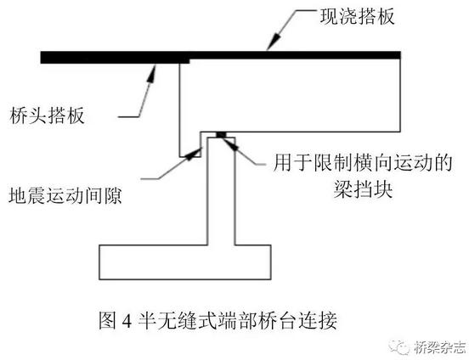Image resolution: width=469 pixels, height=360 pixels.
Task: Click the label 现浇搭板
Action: point(358,16)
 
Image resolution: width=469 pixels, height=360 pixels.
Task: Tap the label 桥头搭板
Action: point(47,115)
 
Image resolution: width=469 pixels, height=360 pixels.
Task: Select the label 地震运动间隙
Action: point(65,195)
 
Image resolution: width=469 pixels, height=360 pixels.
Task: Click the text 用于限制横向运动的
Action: point(363,163)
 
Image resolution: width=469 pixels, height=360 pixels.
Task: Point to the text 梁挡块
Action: point(363,189)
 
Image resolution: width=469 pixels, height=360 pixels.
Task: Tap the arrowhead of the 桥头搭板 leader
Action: point(151,74)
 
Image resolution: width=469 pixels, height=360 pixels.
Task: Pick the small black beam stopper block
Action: point(222,134)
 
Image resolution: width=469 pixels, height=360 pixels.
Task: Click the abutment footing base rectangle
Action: point(185,262)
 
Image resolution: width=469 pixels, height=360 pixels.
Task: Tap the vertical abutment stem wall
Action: point(222,191)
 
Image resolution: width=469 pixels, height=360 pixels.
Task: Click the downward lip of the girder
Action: point(190,144)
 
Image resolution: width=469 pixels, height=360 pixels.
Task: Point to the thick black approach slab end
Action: point(116,57)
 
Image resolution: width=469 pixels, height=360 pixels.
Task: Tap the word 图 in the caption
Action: point(107,321)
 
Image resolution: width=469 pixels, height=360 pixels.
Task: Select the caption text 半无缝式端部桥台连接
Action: point(238,321)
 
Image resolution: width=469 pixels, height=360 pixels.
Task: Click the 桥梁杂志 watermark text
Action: point(440,347)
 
